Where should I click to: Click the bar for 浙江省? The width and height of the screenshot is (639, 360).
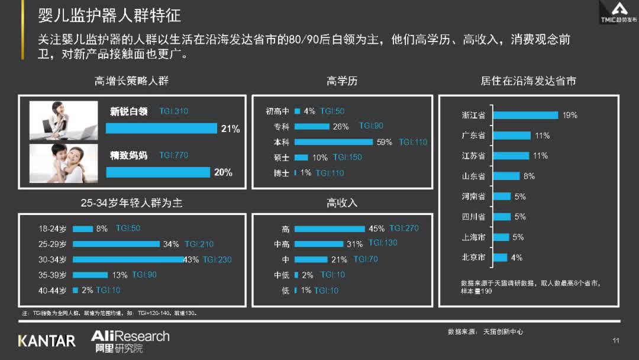tap(525, 115)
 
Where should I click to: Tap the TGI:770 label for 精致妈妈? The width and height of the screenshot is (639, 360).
tap(173, 155)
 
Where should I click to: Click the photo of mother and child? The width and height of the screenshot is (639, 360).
tap(64, 163)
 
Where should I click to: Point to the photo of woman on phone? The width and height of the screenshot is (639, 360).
tap(64, 120)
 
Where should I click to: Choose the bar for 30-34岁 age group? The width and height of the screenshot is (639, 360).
tap(128, 259)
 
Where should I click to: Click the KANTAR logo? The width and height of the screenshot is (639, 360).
tap(47, 341)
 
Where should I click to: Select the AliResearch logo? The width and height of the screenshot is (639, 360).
tap(130, 341)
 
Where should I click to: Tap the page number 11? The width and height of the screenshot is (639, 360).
tap(615, 340)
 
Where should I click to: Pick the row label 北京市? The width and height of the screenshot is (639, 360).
tap(473, 258)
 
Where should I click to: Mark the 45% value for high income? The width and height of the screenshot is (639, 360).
tap(376, 229)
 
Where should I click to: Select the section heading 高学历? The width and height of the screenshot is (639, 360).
tap(342, 81)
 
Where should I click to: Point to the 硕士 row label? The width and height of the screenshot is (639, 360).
tap(281, 157)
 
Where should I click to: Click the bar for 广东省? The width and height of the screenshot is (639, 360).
tap(511, 136)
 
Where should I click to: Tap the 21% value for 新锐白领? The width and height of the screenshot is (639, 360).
tap(230, 128)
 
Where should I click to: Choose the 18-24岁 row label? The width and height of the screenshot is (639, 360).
tap(53, 229)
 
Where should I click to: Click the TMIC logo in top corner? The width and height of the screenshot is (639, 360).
tap(619, 12)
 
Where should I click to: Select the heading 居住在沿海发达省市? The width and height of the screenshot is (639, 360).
tap(528, 81)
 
